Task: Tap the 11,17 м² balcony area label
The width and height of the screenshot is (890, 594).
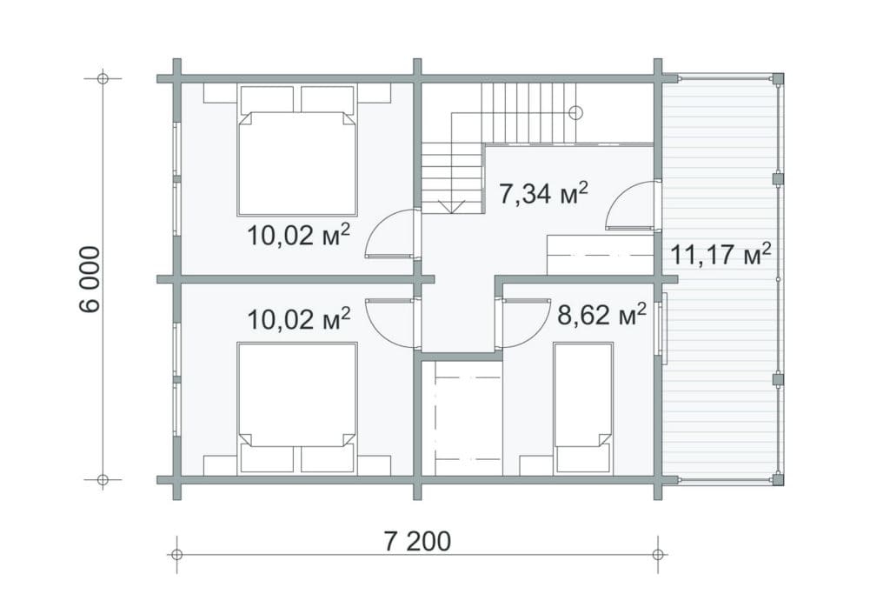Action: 721,254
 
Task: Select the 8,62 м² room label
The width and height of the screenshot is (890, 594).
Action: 601,314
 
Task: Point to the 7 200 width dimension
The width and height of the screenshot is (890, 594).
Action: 417,541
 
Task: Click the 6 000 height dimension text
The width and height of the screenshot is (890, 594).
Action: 90,279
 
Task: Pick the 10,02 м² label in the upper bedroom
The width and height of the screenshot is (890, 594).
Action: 298,235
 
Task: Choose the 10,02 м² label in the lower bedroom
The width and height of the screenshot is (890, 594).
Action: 298,318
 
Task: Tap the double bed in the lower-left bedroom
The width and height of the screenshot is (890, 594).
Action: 297,408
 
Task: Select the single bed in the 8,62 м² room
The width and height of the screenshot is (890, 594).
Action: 583,408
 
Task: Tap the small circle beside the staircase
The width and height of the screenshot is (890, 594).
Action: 575,112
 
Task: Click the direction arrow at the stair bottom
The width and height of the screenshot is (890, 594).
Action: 452,207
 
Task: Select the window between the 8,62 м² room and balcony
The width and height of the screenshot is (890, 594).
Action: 663,323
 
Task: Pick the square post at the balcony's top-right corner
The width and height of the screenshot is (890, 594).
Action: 778,79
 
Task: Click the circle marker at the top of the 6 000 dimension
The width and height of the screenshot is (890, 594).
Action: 103,78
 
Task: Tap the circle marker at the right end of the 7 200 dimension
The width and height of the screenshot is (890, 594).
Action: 658,554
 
